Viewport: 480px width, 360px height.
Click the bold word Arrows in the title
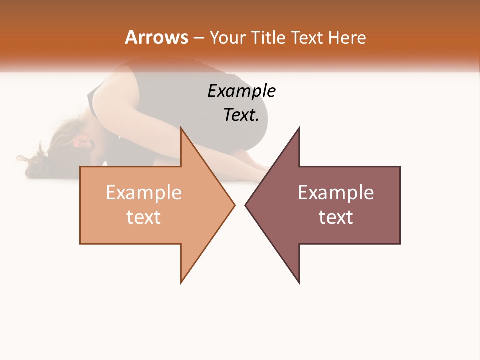[156, 37]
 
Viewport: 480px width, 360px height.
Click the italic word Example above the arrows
[241, 91]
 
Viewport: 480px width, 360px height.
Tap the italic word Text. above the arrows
[241, 115]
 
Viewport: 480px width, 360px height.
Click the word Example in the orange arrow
[144, 193]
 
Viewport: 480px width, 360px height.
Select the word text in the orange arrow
[144, 217]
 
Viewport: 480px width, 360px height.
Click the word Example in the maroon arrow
[336, 193]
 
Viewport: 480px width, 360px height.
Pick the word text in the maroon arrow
[336, 217]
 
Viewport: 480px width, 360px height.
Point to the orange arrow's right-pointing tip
[234, 205]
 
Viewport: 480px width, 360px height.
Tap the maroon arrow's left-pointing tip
[246, 205]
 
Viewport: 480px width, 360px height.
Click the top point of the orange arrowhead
[181, 128]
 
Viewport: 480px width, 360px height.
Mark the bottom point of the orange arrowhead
[181, 282]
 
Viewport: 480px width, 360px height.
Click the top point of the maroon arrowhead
[299, 128]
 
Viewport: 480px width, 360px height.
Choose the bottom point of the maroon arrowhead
[299, 282]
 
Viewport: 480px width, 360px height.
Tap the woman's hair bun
[36, 160]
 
